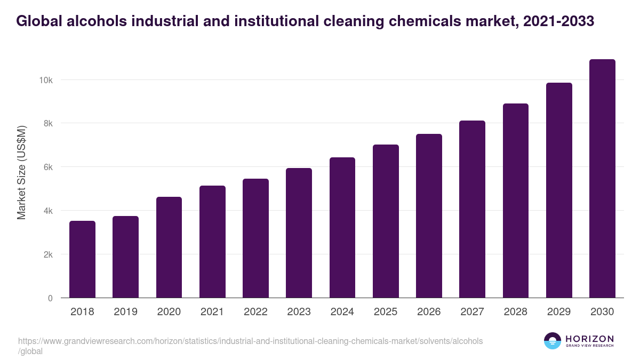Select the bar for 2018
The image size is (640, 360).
[x=82, y=259]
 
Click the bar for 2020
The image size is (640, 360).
[x=169, y=247]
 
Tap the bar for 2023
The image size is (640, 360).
[x=299, y=233]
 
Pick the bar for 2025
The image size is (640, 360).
[x=386, y=221]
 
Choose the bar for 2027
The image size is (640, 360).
[x=472, y=209]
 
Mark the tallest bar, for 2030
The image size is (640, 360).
[x=602, y=179]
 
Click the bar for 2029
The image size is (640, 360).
[x=559, y=190]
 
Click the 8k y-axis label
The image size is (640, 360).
[x=47, y=124]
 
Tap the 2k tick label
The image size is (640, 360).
[x=47, y=254]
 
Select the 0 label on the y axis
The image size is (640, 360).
[x=50, y=298]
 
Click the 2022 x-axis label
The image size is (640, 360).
[x=255, y=312]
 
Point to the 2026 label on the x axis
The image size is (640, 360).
[x=429, y=312]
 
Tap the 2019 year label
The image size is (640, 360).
[x=125, y=312]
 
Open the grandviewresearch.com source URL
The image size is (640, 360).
[x=250, y=341]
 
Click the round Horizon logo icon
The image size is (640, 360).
[x=552, y=341]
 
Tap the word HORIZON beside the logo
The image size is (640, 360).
[x=589, y=338]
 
